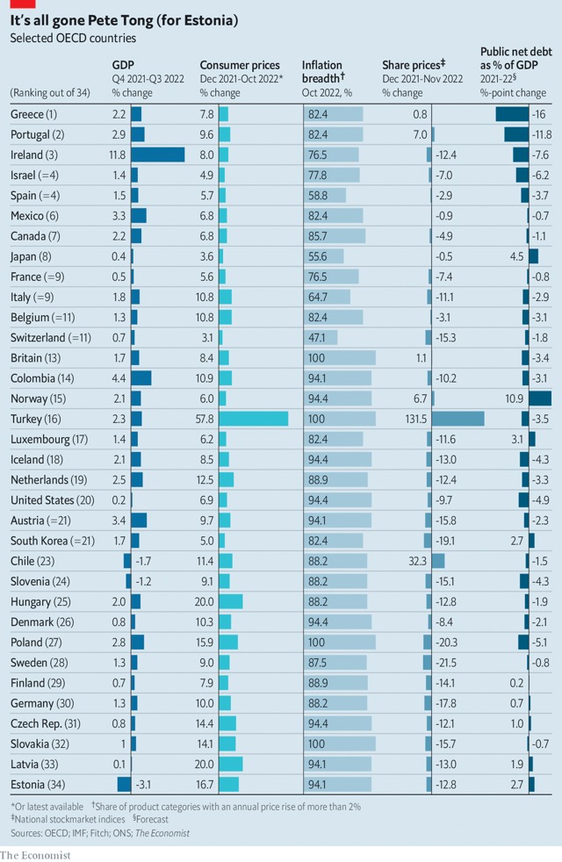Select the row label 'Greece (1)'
(x=33, y=114)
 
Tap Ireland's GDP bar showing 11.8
(x=158, y=154)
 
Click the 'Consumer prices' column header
(x=240, y=65)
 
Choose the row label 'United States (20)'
(x=54, y=500)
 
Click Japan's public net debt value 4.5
(x=515, y=256)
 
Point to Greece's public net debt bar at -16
(x=511, y=114)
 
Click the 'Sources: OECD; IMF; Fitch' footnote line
(x=99, y=832)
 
